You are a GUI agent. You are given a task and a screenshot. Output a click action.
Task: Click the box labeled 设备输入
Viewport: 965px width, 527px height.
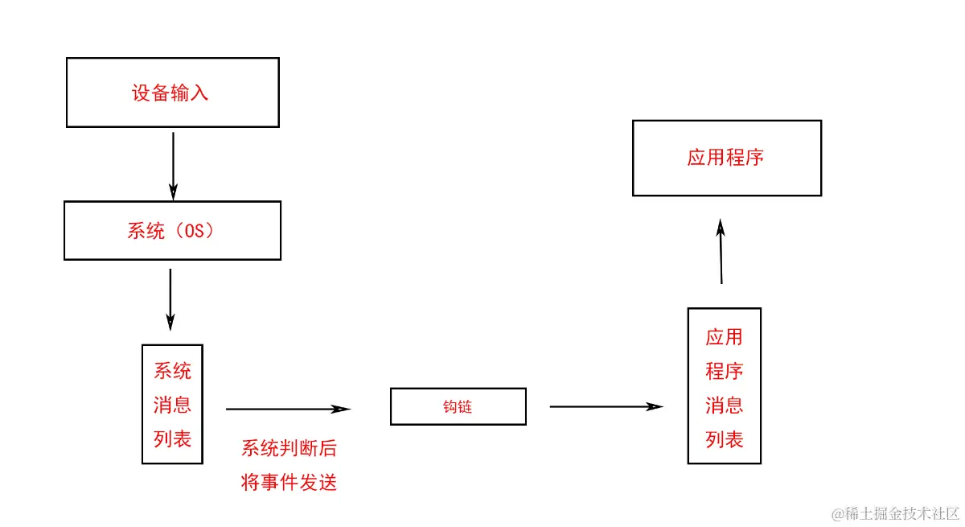coord(172,93)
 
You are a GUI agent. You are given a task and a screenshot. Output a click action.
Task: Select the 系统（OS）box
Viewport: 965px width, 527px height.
coord(172,231)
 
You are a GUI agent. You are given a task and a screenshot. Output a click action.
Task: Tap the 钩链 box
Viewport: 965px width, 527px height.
coord(458,407)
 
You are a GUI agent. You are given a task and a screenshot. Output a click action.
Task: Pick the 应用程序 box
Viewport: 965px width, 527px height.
coord(726,158)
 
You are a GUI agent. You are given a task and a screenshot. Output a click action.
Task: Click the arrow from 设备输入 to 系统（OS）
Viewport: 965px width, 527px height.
coord(173,166)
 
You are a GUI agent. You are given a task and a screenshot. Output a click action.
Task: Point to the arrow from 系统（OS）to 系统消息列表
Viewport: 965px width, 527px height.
coord(170,298)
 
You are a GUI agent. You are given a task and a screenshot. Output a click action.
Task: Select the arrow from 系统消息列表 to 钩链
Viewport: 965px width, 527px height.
coord(288,409)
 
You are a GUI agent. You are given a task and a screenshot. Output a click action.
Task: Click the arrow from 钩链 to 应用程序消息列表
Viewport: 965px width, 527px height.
coord(606,406)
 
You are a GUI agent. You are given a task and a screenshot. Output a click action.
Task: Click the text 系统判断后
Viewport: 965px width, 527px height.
coord(289,449)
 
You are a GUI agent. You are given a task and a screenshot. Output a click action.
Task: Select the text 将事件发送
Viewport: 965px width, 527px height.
coord(289,483)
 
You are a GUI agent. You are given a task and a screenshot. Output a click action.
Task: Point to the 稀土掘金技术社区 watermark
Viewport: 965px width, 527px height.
coord(896,513)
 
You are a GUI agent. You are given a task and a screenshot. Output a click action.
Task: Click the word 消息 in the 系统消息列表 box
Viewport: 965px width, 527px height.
coord(172,405)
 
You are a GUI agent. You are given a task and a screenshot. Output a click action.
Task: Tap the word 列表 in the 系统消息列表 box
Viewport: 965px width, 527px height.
coord(172,438)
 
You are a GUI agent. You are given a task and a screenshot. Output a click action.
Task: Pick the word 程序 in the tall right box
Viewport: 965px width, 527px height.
coord(725,371)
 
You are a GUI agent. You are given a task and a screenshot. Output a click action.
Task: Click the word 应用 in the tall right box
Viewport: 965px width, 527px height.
coord(725,337)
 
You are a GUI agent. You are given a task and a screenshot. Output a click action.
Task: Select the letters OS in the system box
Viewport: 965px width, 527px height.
coord(195,231)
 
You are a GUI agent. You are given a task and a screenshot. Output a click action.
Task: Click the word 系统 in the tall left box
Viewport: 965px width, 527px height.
coord(172,371)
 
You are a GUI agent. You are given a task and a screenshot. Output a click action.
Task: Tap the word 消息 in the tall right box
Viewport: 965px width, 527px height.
coord(725,405)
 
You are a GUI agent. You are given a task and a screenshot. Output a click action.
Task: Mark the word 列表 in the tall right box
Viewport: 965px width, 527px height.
coord(725,438)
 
